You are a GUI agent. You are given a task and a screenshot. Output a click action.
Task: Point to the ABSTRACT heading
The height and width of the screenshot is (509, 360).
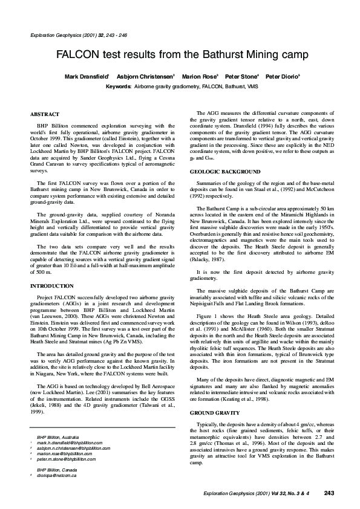pyautogui.click(x=45, y=114)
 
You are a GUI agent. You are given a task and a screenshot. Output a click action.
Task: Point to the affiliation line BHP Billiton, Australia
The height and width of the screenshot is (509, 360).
pyautogui.click(x=59, y=453)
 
